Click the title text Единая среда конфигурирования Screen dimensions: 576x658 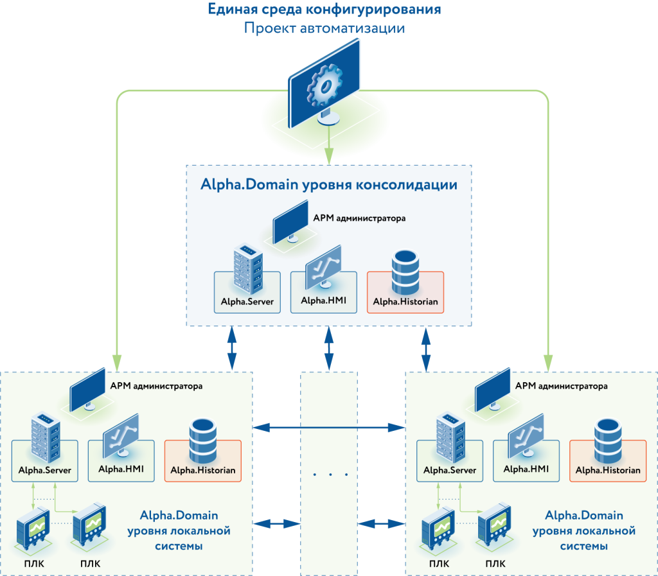pos(325,10)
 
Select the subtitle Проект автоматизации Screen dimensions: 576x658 pos(325,29)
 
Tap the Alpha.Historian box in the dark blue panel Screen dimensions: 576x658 pos(405,292)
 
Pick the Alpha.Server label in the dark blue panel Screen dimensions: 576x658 pos(247,301)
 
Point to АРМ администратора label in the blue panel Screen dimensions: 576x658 pos(359,218)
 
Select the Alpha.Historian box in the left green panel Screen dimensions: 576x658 pos(203,460)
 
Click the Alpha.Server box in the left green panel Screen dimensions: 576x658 pos(44,460)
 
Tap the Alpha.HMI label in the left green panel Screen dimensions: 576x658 pos(121,469)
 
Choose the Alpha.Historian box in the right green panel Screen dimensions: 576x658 pos(608,460)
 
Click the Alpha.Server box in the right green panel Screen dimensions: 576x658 pos(450,460)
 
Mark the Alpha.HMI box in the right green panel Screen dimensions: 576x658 pos(526,460)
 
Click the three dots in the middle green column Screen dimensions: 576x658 pos(330,475)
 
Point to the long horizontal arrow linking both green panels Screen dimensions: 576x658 pos(329,426)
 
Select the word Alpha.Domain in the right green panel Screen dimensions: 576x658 pos(583,515)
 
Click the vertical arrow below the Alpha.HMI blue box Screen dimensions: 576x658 pos(329,349)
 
